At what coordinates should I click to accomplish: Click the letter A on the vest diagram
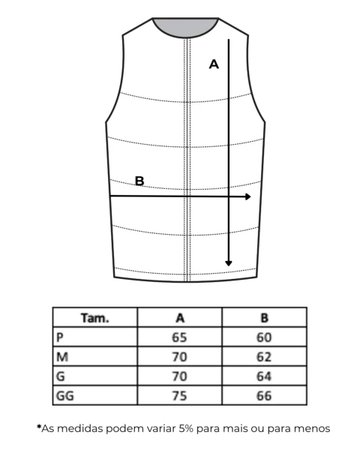point(214,64)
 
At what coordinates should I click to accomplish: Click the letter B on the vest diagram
point(139,181)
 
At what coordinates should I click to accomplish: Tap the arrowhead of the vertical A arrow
point(229,263)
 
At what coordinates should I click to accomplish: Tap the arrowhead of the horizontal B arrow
point(248,196)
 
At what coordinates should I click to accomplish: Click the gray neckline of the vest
point(185,26)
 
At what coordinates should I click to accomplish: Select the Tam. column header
point(95,318)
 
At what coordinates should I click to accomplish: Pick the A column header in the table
point(180,318)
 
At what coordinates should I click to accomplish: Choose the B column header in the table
point(265,318)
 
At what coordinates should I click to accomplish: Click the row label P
point(60,337)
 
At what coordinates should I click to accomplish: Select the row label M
point(62,357)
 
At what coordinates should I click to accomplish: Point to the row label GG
point(65,396)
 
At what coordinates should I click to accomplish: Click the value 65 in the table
point(179,337)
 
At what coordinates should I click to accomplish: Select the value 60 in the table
point(264,337)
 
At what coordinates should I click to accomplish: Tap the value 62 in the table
point(264,357)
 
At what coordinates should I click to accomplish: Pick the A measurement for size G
point(179,376)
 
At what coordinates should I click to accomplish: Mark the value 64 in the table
point(264,376)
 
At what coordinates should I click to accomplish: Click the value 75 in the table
point(179,396)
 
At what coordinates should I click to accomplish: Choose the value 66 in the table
point(264,396)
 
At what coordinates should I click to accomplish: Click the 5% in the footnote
point(186,428)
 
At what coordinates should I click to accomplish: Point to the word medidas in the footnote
point(80,428)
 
